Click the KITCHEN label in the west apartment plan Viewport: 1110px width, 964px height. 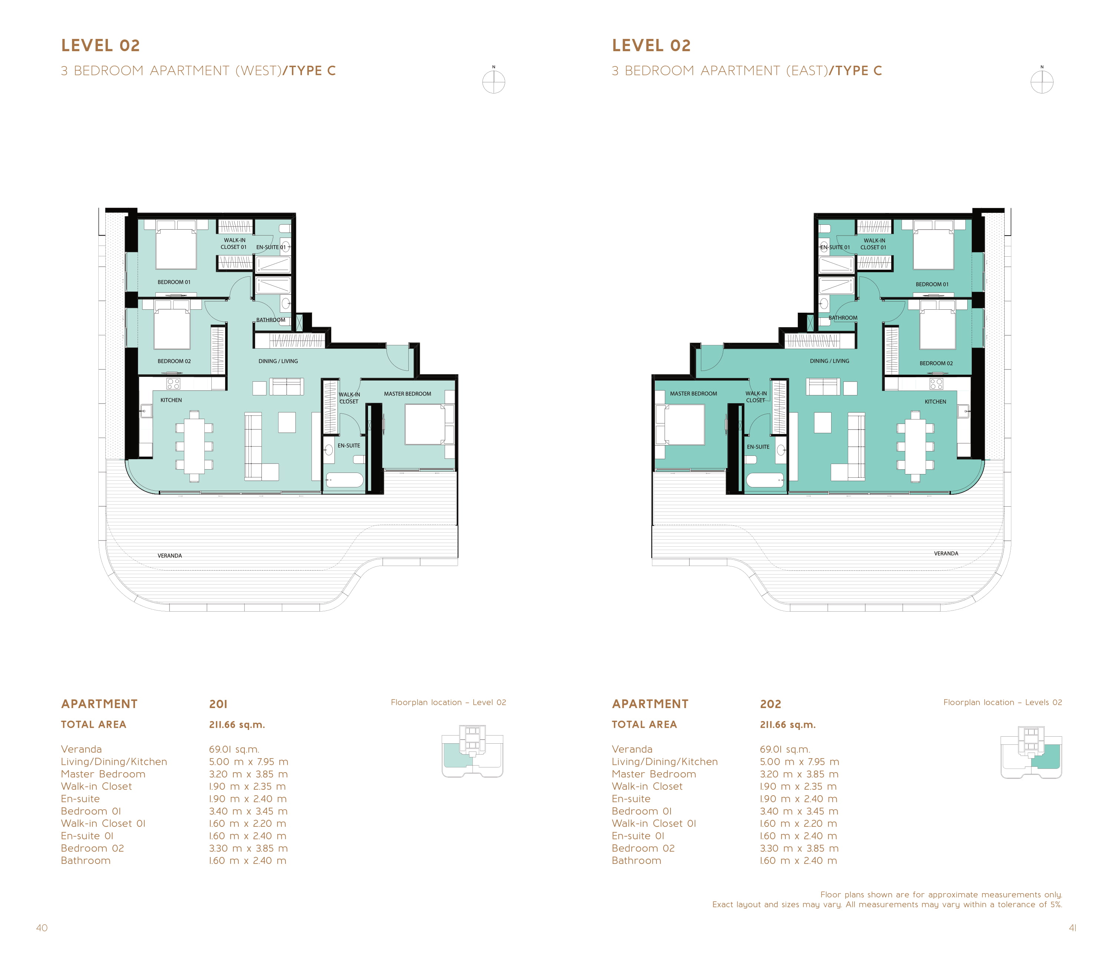point(171,400)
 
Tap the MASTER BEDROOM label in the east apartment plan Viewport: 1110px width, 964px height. point(693,394)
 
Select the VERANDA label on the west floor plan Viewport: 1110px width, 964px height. point(169,556)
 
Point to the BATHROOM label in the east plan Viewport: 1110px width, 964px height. point(843,318)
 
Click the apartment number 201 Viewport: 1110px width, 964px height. point(218,704)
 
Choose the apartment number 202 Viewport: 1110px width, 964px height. point(770,704)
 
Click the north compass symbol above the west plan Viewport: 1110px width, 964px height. point(494,81)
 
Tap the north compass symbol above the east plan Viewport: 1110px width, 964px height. point(1042,81)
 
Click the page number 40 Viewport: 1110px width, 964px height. point(42,928)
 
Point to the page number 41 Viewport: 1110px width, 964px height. point(1072,928)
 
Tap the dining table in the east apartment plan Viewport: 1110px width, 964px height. point(915,446)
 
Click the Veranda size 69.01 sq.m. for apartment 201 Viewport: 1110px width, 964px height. point(234,749)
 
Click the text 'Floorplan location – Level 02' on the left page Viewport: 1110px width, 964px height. point(448,703)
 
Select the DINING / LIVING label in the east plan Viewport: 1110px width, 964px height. point(829,361)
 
